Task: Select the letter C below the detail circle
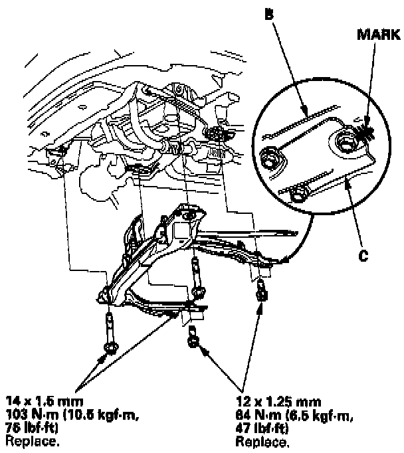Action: [x=364, y=254]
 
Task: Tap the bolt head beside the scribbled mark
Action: [x=346, y=140]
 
